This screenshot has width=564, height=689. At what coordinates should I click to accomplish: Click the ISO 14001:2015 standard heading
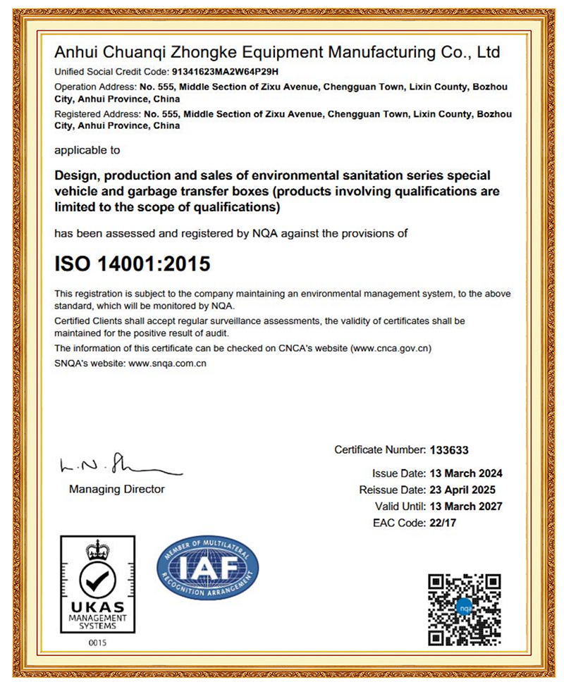point(133,264)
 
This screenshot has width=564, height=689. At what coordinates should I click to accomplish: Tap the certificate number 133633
point(448,449)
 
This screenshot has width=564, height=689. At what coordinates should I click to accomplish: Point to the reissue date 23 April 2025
point(462,490)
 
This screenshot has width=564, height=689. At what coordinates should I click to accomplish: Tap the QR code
point(465,609)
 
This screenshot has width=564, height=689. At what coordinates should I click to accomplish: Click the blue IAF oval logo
point(207,568)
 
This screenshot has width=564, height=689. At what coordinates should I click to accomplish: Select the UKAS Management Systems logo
point(97,584)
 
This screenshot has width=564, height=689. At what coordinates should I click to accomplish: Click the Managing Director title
point(117,489)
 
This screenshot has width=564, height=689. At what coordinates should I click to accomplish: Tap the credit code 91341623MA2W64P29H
point(216,71)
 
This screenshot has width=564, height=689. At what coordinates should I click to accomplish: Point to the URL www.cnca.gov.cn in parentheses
point(391,348)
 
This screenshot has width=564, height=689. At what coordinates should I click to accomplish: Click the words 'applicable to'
point(87,150)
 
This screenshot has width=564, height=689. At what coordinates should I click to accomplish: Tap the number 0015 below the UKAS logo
point(97,643)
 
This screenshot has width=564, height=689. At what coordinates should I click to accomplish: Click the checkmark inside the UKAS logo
point(97,581)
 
